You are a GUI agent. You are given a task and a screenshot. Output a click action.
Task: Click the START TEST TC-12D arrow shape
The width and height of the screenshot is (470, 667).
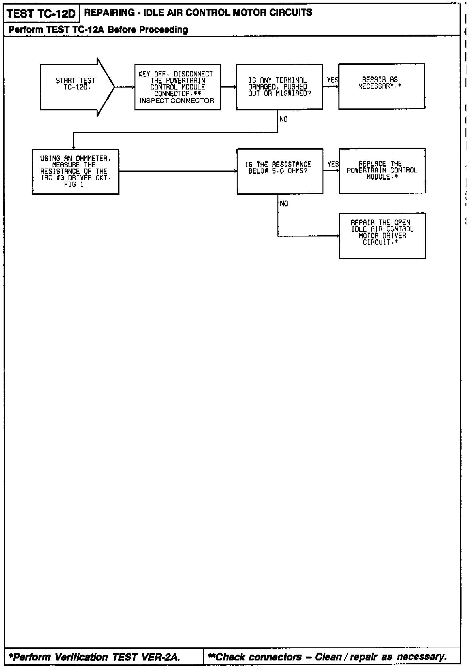[76, 87]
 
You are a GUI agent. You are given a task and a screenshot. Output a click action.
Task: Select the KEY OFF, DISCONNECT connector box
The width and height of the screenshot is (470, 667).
[178, 87]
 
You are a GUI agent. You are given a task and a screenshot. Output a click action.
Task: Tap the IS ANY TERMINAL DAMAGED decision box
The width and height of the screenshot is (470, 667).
[279, 87]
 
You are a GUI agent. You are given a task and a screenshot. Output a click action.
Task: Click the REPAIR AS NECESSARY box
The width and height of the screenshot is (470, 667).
[382, 86]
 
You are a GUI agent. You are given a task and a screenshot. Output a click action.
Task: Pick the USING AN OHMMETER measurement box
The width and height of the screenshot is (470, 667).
[76, 171]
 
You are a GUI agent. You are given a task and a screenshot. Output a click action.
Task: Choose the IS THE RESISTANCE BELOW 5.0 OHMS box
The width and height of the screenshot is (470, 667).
[280, 171]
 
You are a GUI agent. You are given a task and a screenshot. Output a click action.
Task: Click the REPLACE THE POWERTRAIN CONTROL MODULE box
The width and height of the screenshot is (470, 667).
[382, 171]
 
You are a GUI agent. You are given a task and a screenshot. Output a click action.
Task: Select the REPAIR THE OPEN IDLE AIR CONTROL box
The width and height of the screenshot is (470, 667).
[382, 236]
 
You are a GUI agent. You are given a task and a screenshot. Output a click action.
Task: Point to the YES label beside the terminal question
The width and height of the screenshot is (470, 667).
[333, 80]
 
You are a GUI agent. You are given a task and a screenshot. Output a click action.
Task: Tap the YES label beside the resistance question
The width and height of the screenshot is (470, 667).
[333, 164]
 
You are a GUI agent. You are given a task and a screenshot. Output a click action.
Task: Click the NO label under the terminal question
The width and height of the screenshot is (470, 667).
[284, 120]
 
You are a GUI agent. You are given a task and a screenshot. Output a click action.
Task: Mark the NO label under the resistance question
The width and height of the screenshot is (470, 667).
[284, 204]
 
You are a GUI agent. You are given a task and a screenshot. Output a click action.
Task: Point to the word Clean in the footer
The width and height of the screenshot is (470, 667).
[329, 657]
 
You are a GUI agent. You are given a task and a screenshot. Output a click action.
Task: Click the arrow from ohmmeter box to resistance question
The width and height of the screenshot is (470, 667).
[178, 171]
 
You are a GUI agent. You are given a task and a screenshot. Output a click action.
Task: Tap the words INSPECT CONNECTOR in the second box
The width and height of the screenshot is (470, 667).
[177, 101]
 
